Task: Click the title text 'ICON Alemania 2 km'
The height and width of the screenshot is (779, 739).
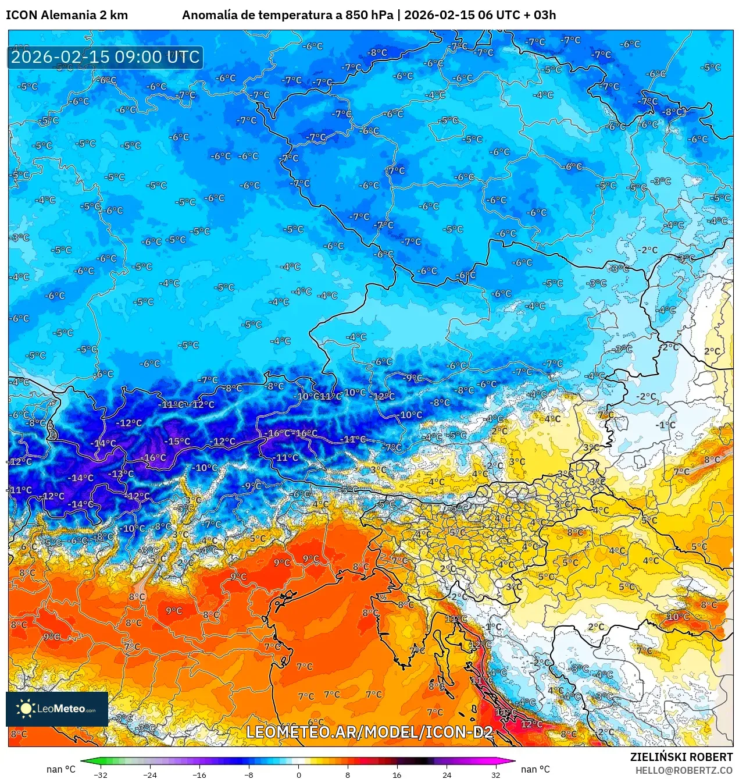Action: tap(67, 15)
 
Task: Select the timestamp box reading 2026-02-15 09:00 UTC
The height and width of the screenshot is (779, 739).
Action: tap(105, 57)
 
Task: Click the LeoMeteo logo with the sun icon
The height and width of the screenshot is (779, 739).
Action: tap(57, 709)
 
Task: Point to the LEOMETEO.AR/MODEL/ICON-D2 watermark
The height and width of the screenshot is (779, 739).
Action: tap(370, 732)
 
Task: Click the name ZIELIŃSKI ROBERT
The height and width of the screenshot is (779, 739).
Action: tap(681, 757)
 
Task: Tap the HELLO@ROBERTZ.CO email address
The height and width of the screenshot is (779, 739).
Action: tap(684, 770)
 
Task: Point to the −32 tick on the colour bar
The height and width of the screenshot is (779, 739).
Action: tap(100, 774)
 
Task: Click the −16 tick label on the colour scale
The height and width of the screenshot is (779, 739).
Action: tap(199, 774)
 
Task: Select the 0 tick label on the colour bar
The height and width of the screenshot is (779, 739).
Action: tap(298, 774)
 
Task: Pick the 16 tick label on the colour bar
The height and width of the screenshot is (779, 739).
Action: tap(397, 774)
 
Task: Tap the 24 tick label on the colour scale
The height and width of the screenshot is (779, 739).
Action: tap(447, 774)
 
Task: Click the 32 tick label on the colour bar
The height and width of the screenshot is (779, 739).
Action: tap(495, 774)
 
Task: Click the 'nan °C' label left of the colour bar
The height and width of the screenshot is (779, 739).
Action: tap(61, 769)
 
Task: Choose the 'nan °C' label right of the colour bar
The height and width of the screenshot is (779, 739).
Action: tap(535, 769)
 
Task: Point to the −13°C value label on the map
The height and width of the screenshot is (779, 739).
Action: tap(121, 474)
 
